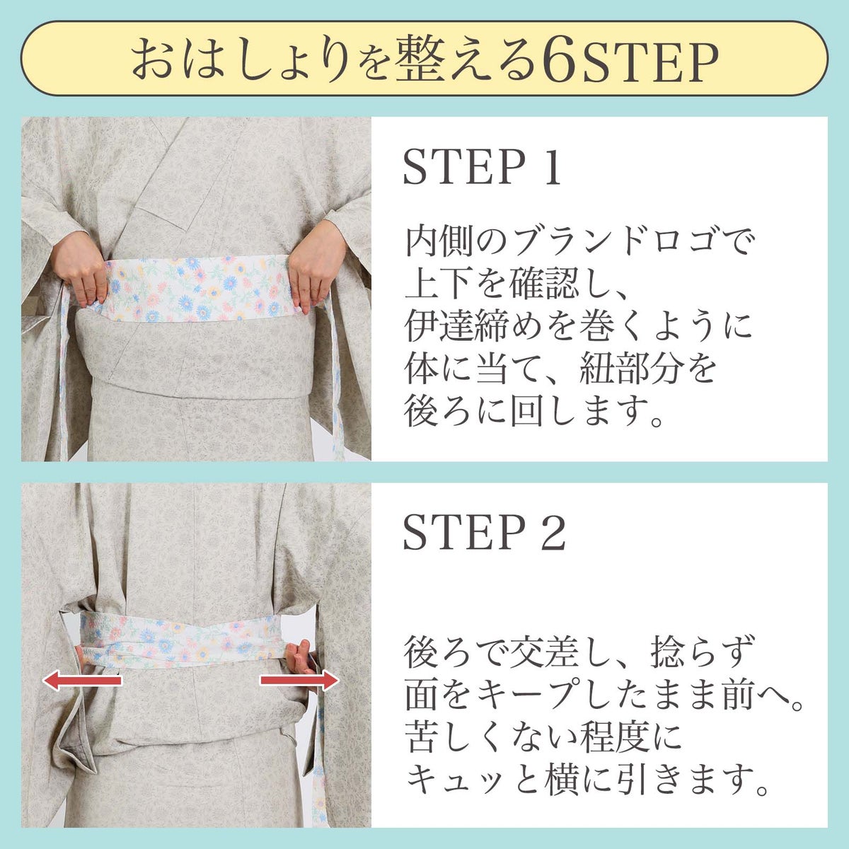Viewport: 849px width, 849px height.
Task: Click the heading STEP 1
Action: coord(483,168)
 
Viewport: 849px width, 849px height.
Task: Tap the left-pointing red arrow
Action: coord(82,681)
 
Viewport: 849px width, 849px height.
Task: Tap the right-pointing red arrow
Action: coord(299,681)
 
